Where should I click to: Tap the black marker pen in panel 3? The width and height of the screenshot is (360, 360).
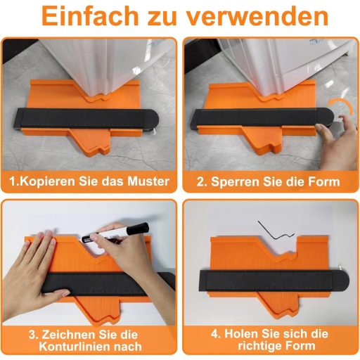(120, 230)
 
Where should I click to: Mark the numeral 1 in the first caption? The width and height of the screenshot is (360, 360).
(12, 181)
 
